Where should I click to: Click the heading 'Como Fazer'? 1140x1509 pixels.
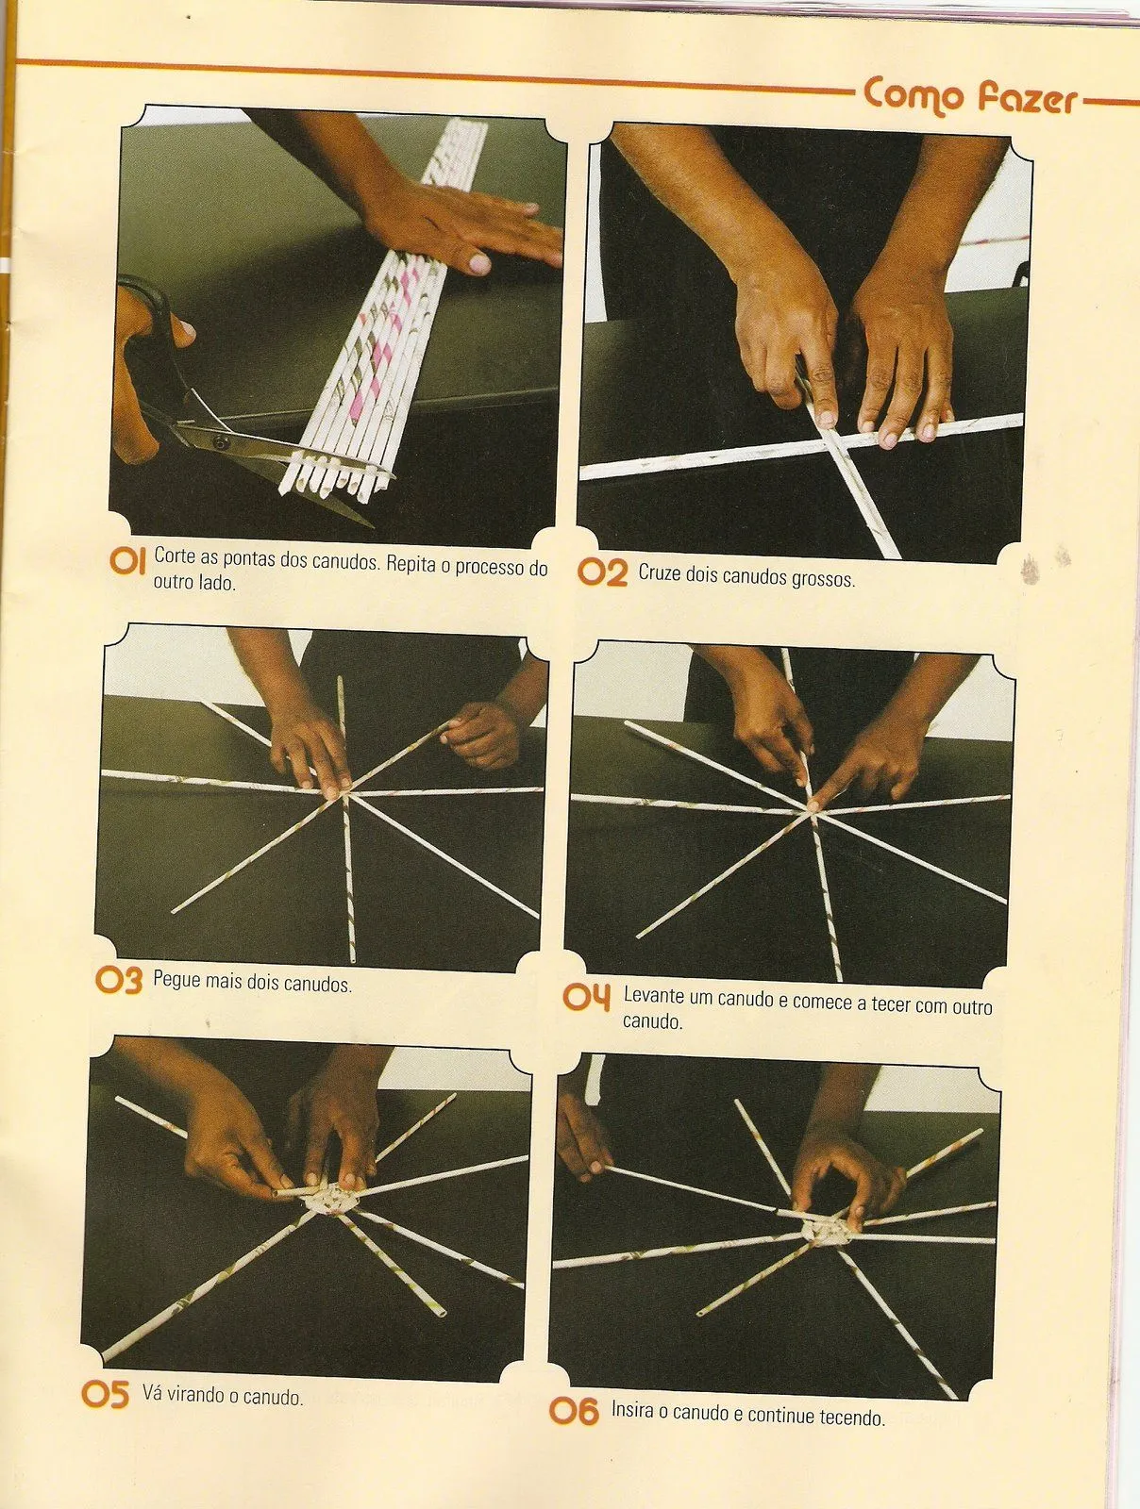click(970, 95)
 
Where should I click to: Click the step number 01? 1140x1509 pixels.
click(127, 561)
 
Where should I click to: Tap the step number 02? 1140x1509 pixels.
click(602, 572)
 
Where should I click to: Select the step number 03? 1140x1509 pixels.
click(119, 980)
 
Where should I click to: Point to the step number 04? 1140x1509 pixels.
click(587, 998)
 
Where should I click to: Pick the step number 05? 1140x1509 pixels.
click(105, 1394)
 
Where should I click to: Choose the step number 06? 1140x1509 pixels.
click(575, 1411)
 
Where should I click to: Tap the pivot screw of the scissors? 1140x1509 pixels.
click(219, 441)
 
